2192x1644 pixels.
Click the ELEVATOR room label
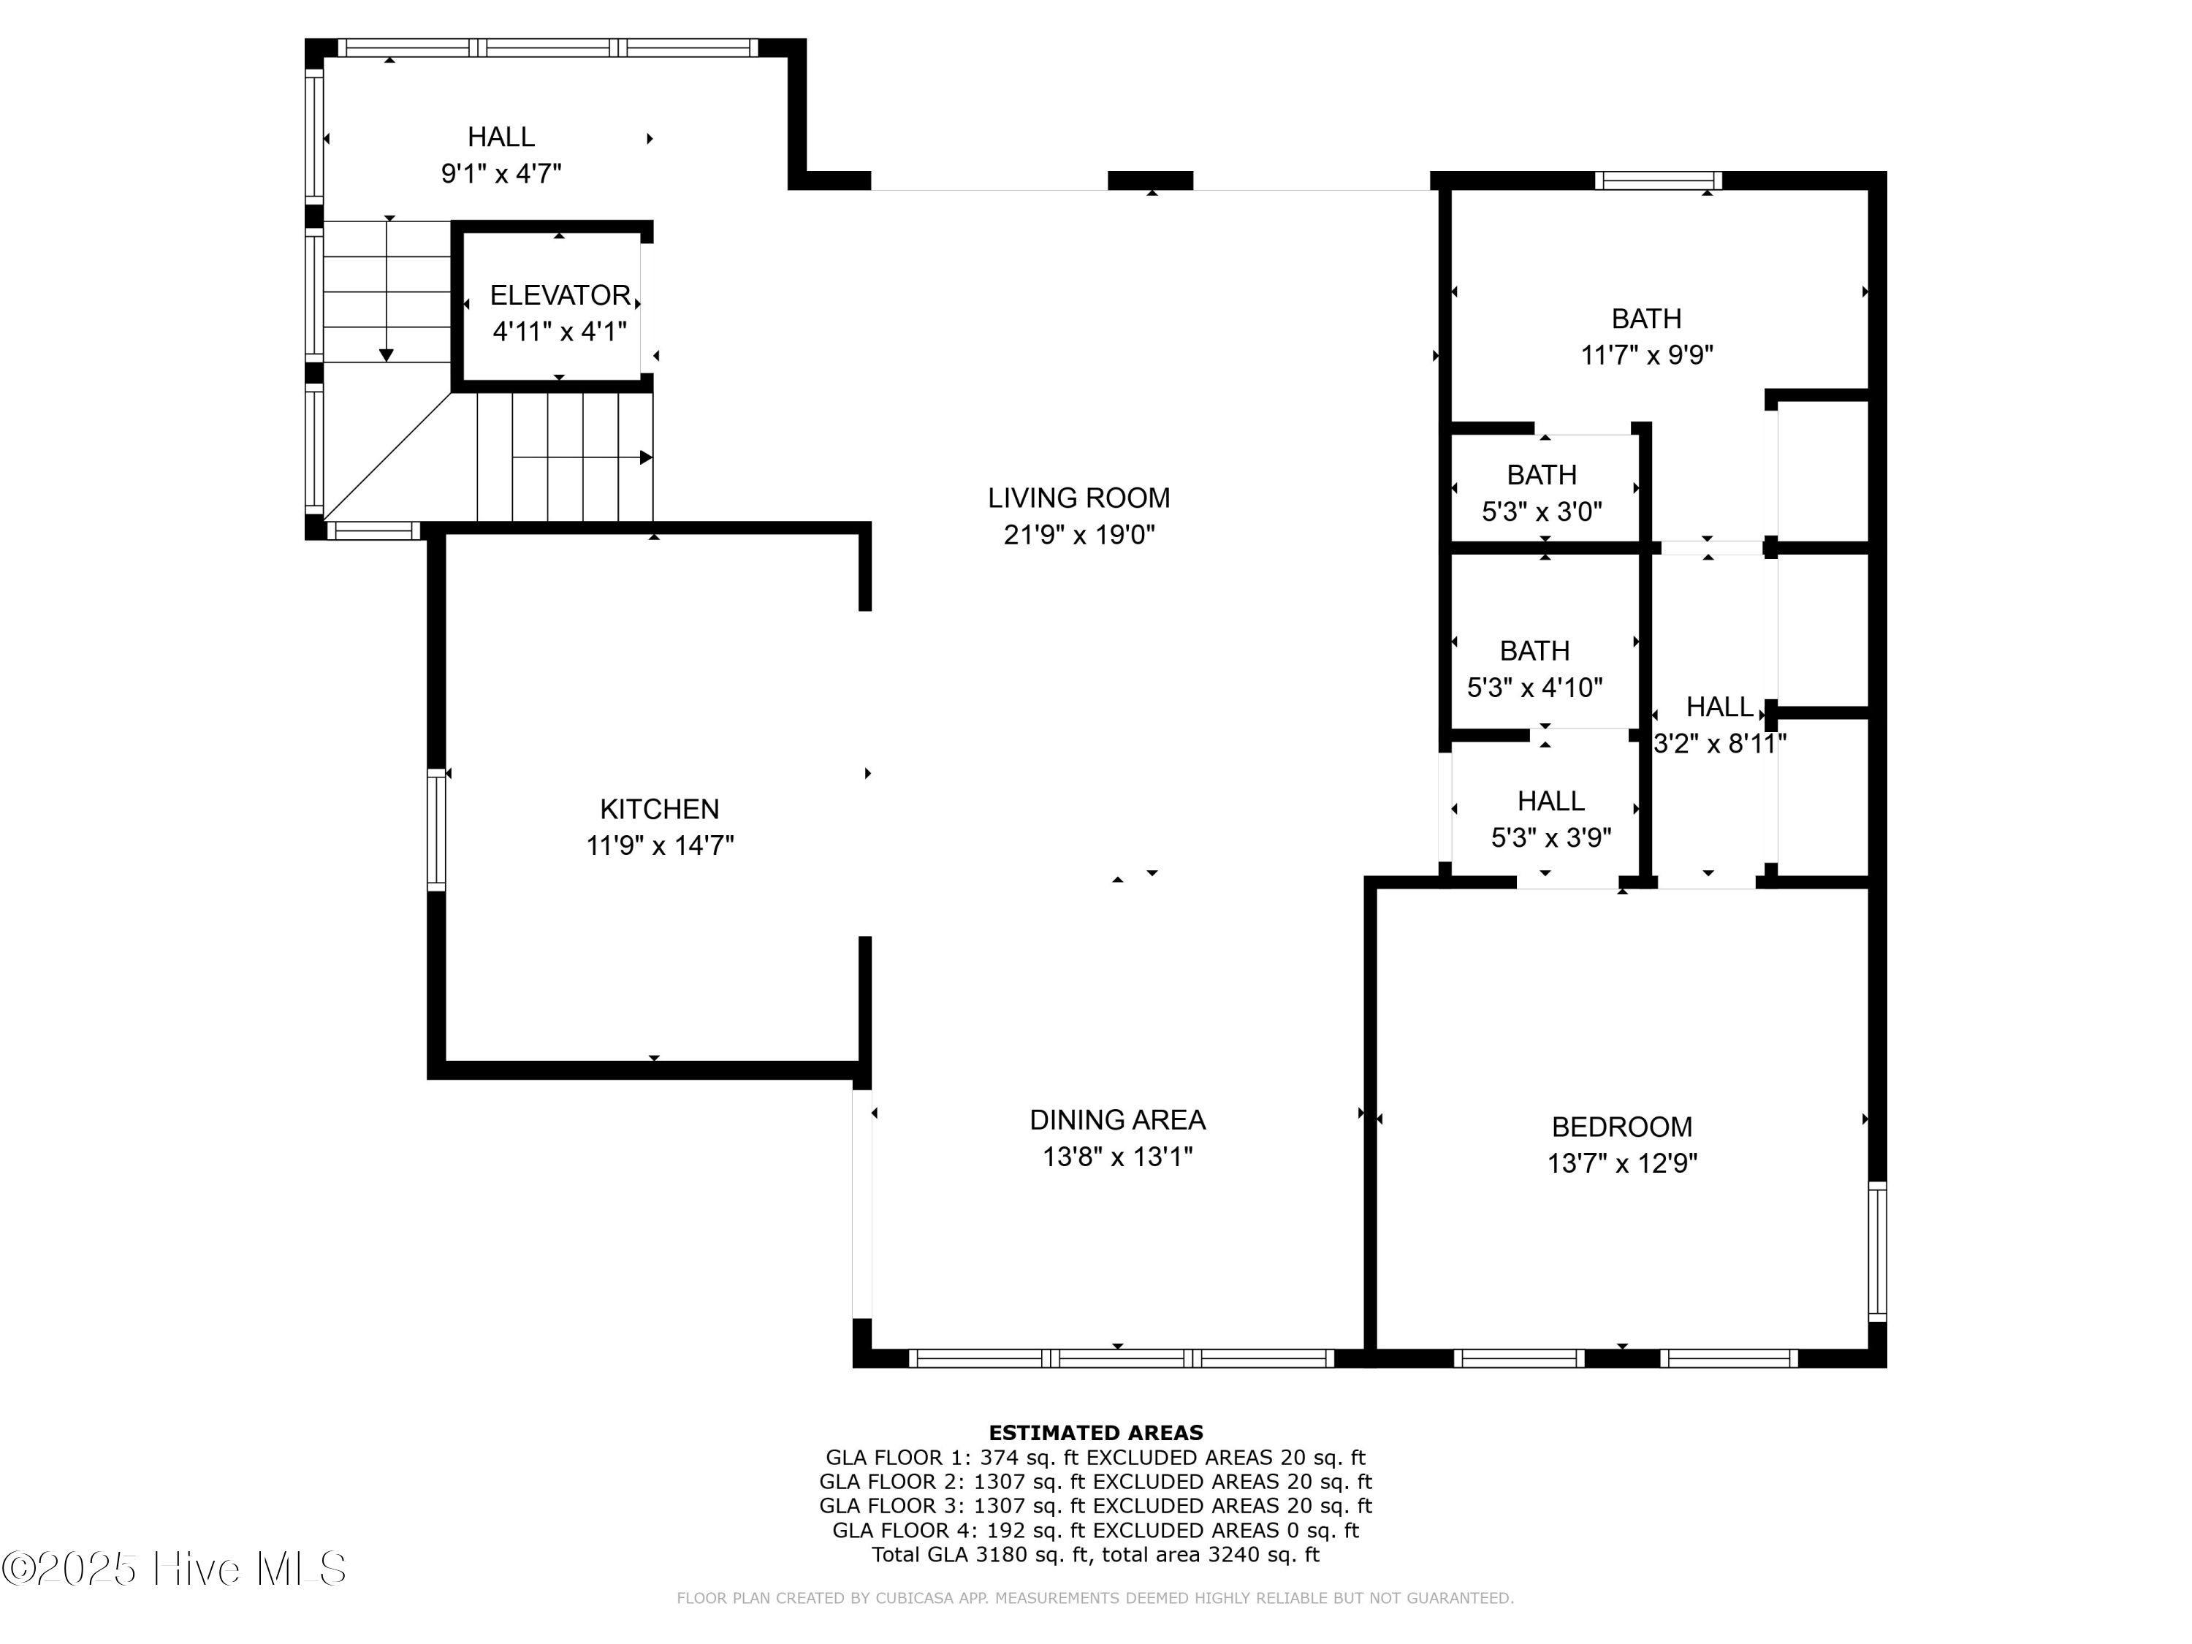point(560,295)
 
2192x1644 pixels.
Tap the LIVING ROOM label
point(1078,498)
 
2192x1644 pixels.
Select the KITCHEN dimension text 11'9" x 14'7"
point(659,845)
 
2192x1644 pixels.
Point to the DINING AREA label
point(1116,1120)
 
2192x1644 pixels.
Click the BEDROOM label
point(1621,1127)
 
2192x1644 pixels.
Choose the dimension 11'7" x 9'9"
point(1646,355)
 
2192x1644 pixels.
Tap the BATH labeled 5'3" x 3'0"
point(1541,475)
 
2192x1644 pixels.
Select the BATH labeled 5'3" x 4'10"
point(1534,651)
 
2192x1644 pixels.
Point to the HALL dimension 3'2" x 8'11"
point(1719,743)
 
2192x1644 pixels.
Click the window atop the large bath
point(1658,180)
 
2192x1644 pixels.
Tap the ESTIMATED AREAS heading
point(1095,1432)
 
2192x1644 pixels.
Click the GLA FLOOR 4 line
point(1095,1530)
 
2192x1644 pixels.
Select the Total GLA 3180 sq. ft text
point(1095,1554)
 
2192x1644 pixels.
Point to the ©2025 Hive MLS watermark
point(175,1569)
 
